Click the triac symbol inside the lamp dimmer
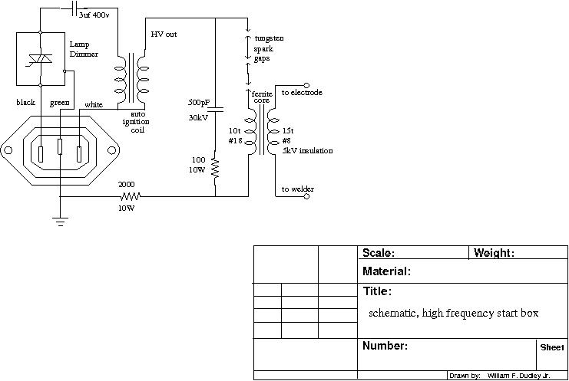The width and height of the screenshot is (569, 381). point(41,60)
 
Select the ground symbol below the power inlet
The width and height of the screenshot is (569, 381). point(60,222)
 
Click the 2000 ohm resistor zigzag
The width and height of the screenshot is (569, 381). point(131,197)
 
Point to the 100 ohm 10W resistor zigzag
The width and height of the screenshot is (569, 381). point(216,168)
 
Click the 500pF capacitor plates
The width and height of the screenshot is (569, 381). point(216,110)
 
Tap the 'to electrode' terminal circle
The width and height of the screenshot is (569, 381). point(306,85)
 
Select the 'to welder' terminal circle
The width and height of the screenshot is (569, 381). point(306,197)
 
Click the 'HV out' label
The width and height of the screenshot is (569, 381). point(164,34)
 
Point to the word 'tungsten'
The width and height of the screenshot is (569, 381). point(269,38)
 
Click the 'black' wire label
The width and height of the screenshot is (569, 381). point(26,102)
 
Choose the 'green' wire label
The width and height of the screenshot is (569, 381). point(60,103)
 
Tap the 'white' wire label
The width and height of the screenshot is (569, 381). point(94,105)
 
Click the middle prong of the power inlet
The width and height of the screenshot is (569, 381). point(60,146)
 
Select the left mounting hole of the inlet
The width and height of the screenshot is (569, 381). point(8,150)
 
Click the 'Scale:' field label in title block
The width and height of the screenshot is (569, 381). point(379,253)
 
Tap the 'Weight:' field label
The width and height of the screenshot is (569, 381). point(494,253)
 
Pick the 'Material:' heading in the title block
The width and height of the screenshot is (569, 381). point(386,271)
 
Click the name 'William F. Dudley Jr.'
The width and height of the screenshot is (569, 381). point(519,376)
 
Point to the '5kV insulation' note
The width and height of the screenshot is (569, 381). point(307,151)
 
